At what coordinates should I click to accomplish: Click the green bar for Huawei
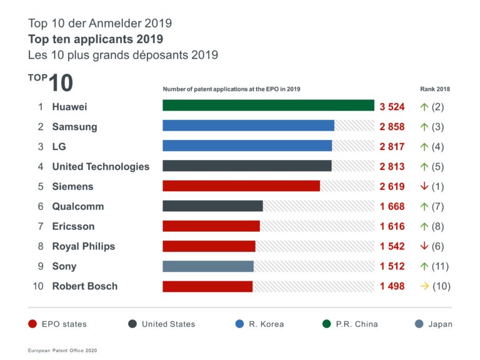268,106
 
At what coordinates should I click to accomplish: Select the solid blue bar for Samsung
248,126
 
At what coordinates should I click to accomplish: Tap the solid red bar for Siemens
241,186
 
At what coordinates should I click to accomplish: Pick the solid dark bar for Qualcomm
212,206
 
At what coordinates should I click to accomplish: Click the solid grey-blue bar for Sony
208,266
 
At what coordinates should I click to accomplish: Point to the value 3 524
392,107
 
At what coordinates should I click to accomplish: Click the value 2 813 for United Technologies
392,166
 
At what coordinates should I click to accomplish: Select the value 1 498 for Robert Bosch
392,286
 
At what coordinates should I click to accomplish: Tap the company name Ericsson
73,226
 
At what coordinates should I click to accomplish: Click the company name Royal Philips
83,246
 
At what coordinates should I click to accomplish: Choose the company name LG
59,146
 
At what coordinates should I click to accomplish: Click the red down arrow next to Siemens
424,186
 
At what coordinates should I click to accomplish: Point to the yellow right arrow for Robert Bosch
424,286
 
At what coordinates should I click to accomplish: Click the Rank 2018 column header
435,89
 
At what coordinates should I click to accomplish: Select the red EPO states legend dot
32,324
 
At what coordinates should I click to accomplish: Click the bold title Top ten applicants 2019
91,39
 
